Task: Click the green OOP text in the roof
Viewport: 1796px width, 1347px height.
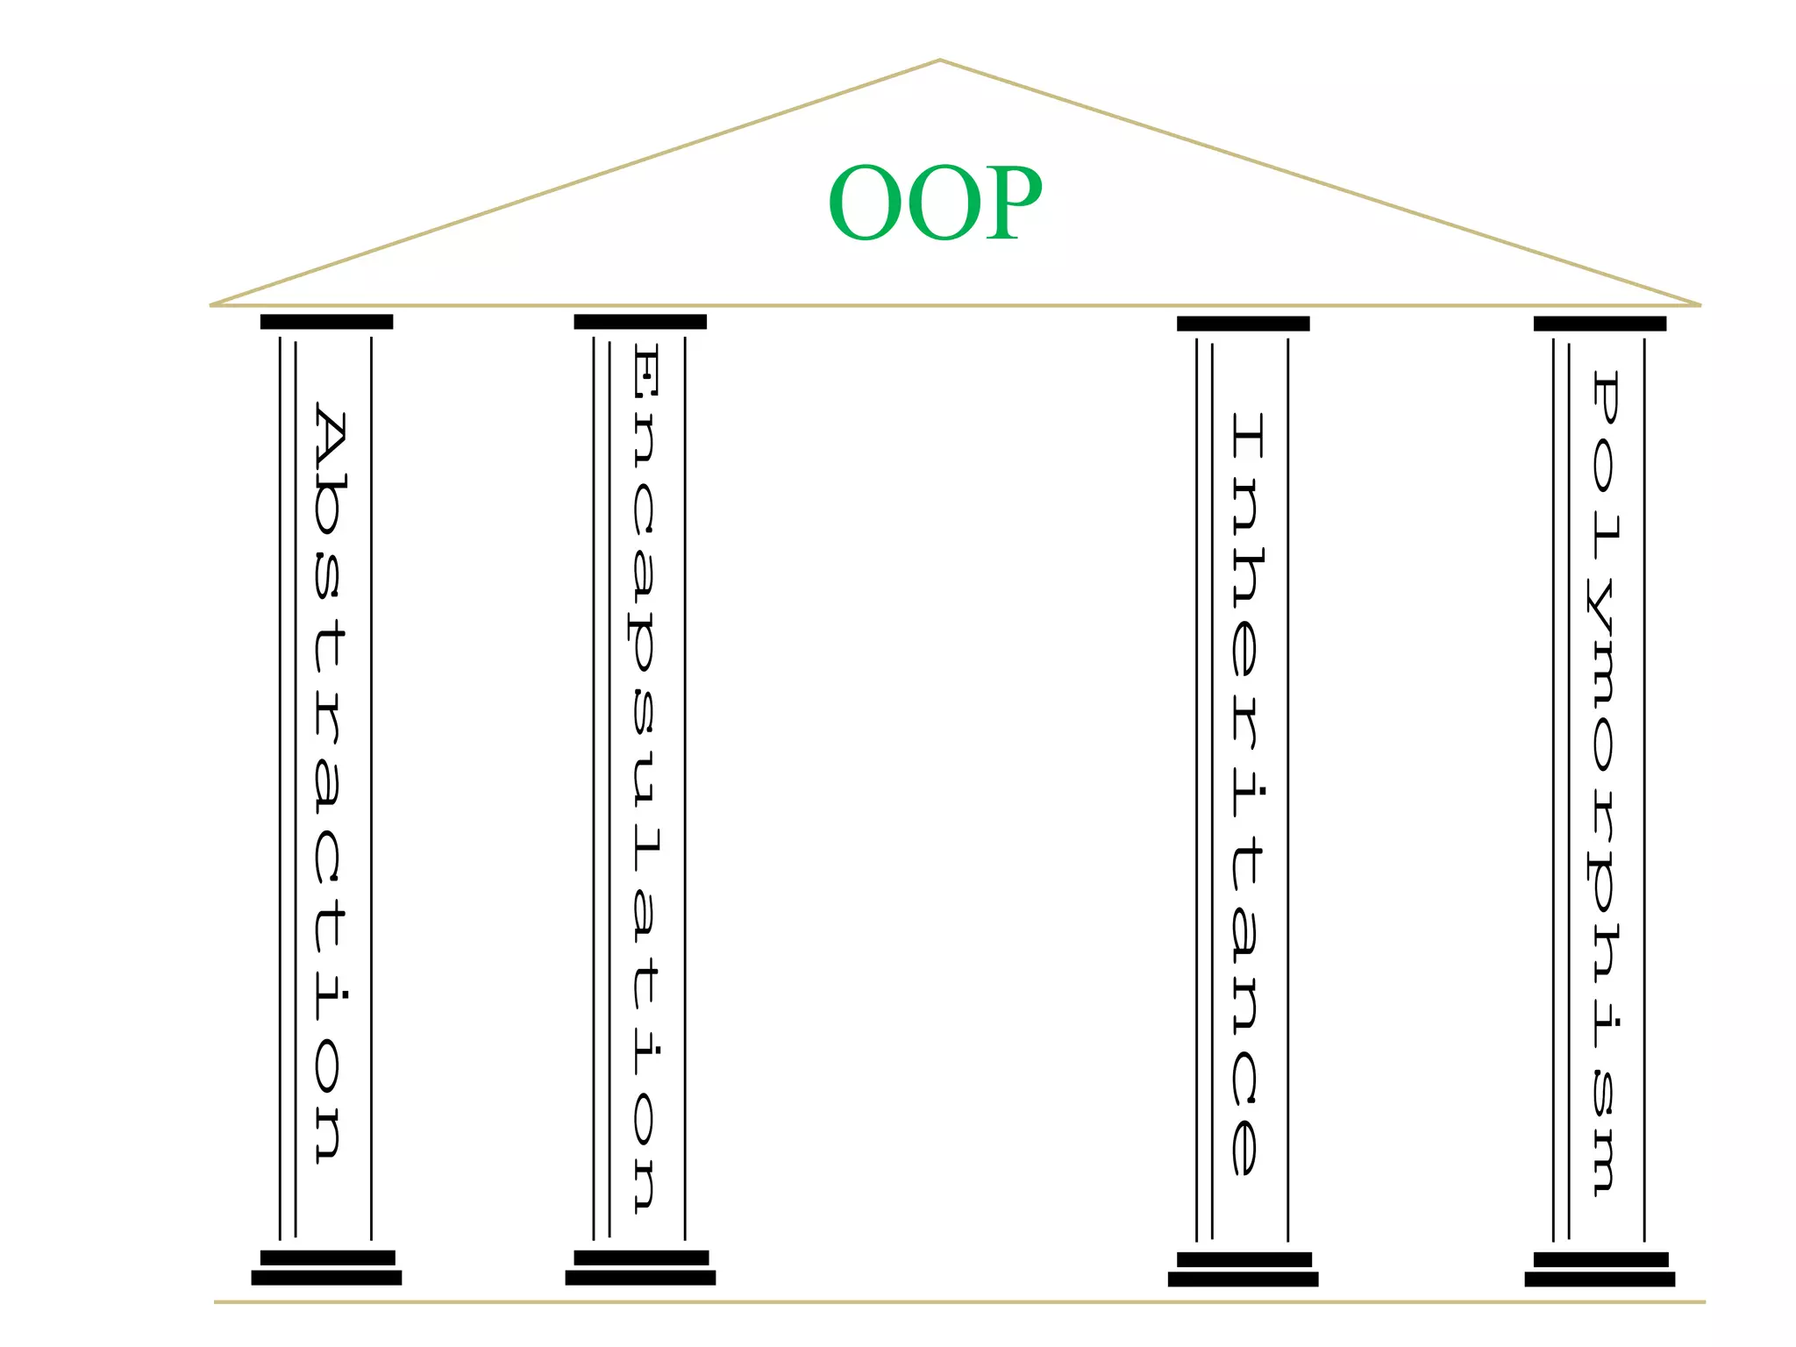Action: pos(935,203)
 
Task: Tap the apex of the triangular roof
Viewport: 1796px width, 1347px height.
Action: pos(939,61)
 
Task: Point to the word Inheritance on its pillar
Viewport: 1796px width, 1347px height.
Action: pos(1246,794)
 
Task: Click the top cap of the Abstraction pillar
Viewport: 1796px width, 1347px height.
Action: pos(326,322)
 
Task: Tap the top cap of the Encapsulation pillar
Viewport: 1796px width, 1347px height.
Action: pos(640,322)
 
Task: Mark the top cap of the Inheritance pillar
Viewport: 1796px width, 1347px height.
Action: pos(1243,324)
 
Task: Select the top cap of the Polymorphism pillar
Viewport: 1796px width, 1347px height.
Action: pos(1600,324)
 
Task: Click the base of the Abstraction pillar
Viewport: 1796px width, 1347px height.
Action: pos(326,1268)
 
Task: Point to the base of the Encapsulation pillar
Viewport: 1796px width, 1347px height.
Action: pos(640,1268)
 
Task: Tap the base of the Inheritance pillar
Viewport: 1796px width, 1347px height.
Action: pos(1243,1270)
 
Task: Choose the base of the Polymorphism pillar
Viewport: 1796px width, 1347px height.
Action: pos(1600,1270)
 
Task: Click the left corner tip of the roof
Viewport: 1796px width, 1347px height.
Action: pos(213,304)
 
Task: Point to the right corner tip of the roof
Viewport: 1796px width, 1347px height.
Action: pos(1699,304)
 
